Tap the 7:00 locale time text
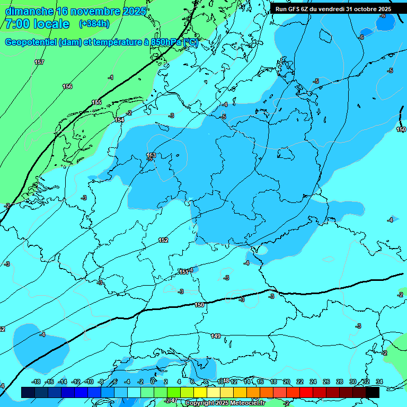pos(37,24)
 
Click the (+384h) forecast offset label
pos(94,24)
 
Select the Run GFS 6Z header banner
pos(333,8)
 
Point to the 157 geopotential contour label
pos(39,63)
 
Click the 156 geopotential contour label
pos(67,86)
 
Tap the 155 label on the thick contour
pos(96,102)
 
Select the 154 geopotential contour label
pos(119,120)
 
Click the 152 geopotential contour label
pos(163,240)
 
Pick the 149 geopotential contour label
pos(216,336)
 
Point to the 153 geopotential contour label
pos(151,155)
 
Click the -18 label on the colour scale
pos(36,382)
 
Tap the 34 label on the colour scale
pos(379,382)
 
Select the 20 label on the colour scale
pos(287,382)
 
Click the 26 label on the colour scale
pos(326,382)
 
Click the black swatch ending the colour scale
pos(373,392)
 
